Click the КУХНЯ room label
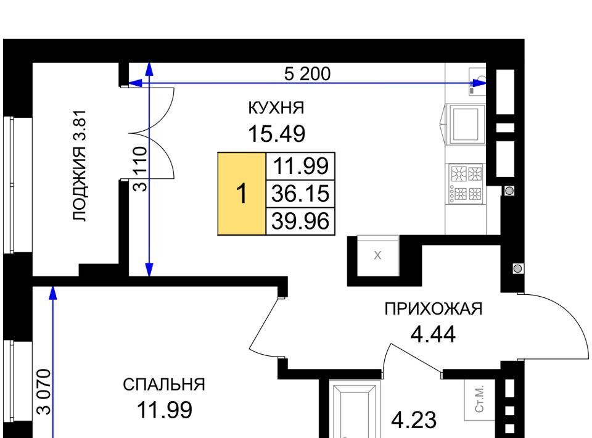[x=276, y=108]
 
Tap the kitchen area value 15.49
[x=276, y=134]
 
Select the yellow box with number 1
[x=242, y=194]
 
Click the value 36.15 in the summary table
[x=300, y=193]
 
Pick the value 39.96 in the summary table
[x=300, y=221]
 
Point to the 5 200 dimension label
[x=307, y=73]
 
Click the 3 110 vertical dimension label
[x=141, y=169]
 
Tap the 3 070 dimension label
[x=44, y=392]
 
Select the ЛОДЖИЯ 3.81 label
[x=80, y=165]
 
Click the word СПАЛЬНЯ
[x=164, y=385]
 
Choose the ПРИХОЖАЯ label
[x=434, y=309]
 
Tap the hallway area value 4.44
[x=433, y=334]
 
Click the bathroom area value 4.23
[x=414, y=420]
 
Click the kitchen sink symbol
[x=477, y=81]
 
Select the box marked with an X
[x=377, y=255]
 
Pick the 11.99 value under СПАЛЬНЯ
[x=164, y=410]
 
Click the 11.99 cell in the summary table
[x=300, y=166]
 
